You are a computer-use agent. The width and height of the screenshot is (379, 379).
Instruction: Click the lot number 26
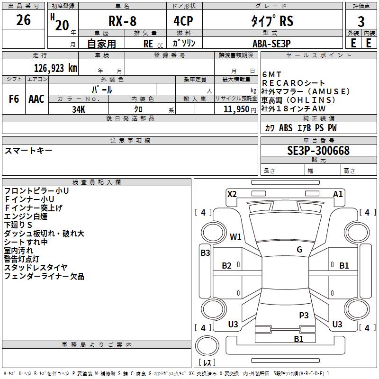click(23, 20)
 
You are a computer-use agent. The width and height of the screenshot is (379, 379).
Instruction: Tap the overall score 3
click(361, 22)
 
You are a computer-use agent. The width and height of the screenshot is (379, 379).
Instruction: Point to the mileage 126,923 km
click(55, 68)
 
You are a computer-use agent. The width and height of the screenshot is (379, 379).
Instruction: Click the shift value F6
click(14, 99)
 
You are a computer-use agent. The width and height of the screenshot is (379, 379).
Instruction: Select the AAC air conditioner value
click(36, 99)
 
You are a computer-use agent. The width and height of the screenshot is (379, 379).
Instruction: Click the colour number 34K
click(78, 109)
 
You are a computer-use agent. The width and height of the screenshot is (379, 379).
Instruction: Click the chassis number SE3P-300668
click(318, 151)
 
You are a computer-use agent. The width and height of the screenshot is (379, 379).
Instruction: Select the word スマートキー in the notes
click(28, 151)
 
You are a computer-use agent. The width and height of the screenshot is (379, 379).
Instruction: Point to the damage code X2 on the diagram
click(232, 194)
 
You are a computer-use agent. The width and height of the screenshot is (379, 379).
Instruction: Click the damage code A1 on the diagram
click(338, 194)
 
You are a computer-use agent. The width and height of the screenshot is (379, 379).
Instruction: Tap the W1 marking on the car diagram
click(235, 236)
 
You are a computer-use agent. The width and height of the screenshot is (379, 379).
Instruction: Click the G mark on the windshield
click(299, 250)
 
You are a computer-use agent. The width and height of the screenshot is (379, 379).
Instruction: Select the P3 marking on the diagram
click(304, 315)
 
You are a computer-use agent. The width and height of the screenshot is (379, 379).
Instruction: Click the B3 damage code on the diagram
click(205, 253)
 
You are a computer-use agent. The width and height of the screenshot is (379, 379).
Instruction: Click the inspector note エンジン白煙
click(26, 216)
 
